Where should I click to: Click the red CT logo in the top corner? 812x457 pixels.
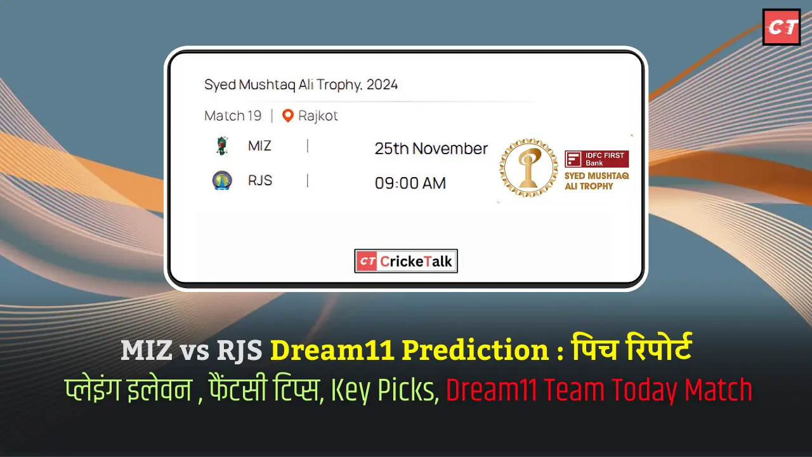click(x=781, y=27)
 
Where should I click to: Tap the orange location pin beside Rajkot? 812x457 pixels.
click(x=288, y=116)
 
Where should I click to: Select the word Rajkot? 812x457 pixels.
click(x=318, y=116)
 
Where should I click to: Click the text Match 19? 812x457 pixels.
click(x=233, y=116)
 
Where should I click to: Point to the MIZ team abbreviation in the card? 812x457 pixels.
click(x=259, y=146)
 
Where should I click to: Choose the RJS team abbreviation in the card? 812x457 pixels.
click(x=260, y=181)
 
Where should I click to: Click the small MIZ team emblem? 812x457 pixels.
click(x=221, y=146)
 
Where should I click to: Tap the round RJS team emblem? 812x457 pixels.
click(x=221, y=181)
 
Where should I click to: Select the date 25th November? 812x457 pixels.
click(x=431, y=149)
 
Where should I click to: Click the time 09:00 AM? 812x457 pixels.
click(x=410, y=183)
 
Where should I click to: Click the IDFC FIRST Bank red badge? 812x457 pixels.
click(x=596, y=159)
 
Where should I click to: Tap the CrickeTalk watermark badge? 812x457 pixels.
click(x=406, y=261)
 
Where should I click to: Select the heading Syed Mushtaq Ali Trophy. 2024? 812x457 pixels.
click(x=301, y=84)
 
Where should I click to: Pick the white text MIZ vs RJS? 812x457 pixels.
click(x=193, y=351)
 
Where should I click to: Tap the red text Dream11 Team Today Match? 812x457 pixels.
click(x=599, y=389)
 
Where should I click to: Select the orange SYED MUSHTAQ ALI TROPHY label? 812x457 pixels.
click(x=596, y=180)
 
